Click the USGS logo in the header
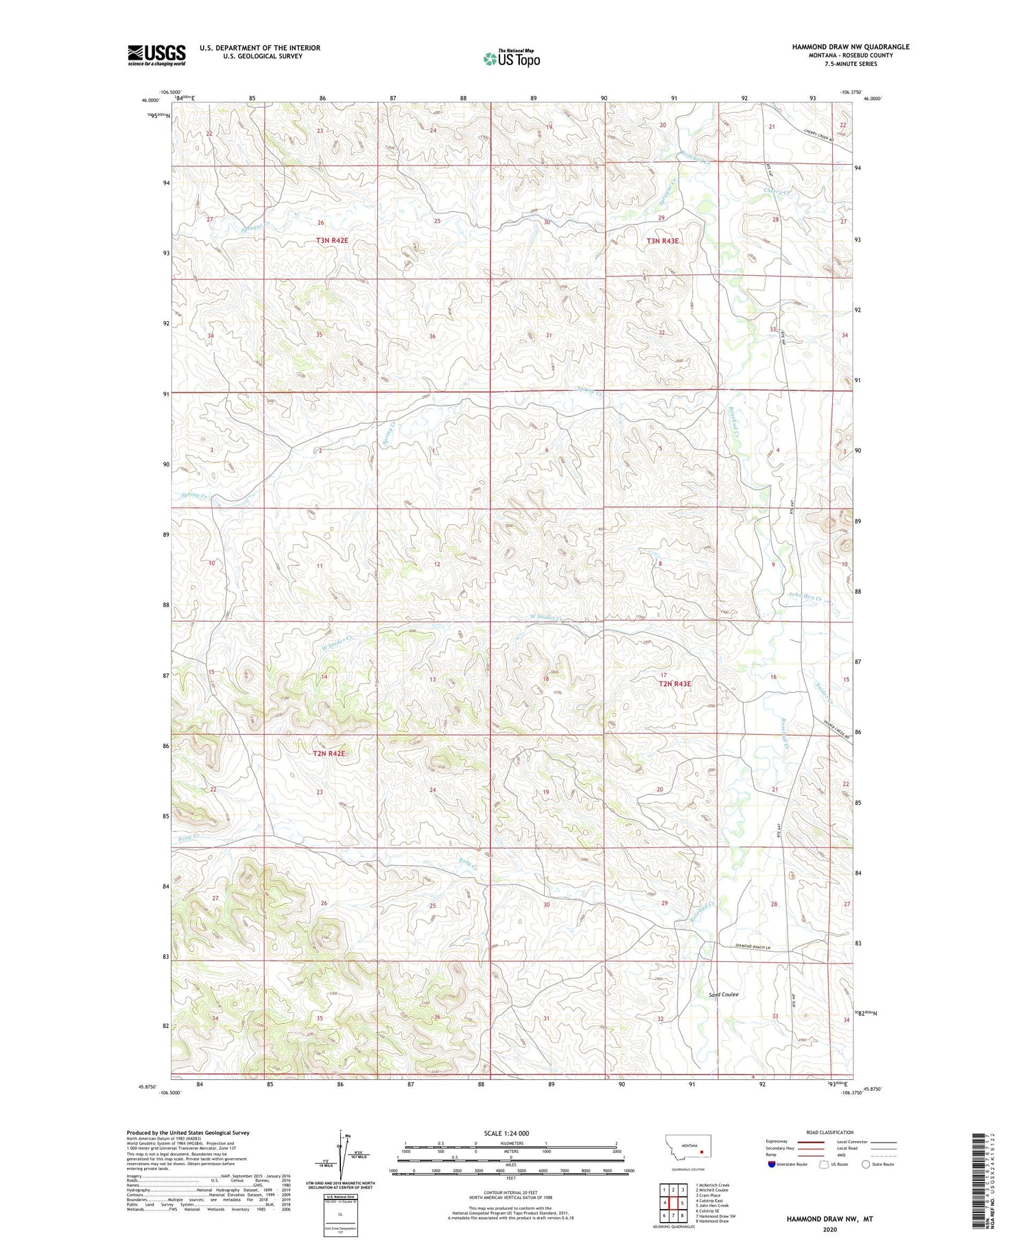156,54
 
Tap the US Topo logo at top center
511,59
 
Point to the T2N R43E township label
674,683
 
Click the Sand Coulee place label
724,994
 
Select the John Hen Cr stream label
804,597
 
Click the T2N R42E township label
328,753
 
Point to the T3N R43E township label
662,241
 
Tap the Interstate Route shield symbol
771,1164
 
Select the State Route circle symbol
866,1164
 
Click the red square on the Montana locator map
702,1152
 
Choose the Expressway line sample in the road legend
810,1142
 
